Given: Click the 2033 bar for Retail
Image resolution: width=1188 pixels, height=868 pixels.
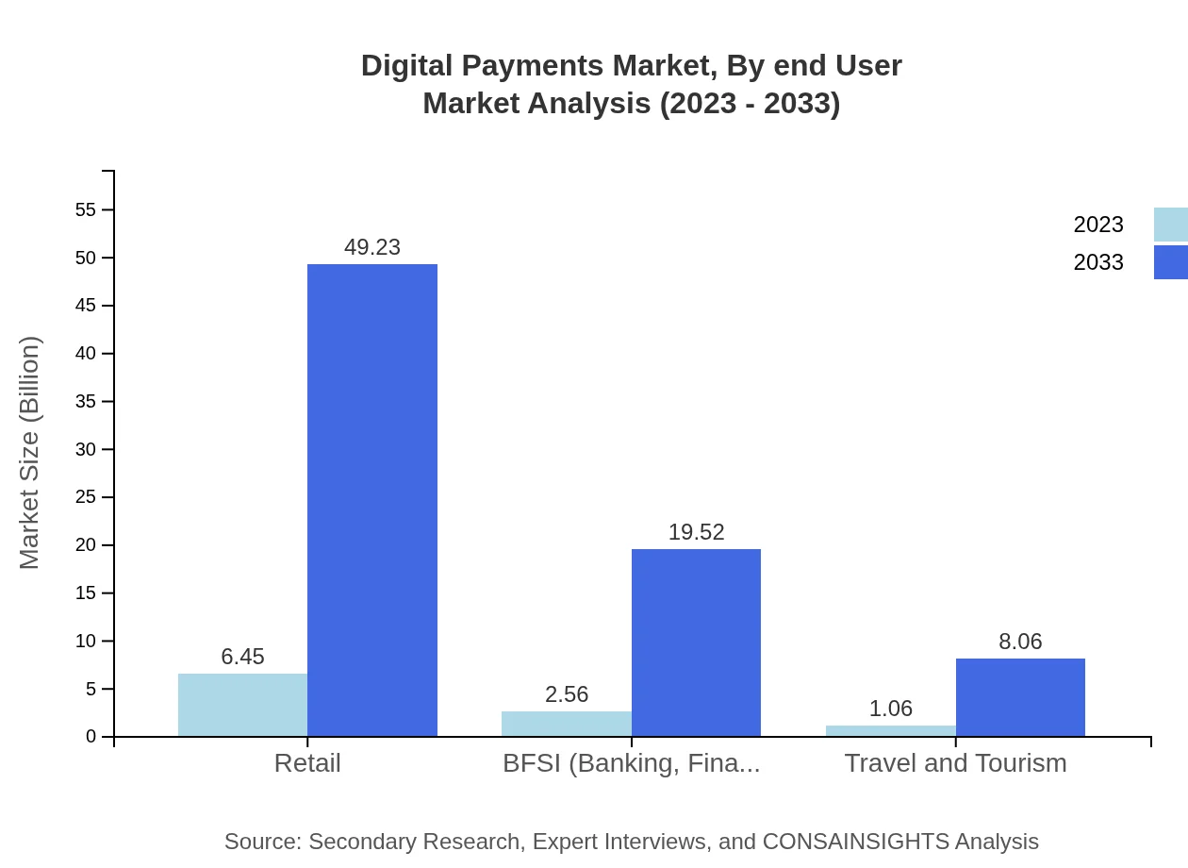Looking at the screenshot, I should (x=372, y=500).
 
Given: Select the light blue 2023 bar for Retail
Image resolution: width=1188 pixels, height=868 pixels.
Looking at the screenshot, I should (x=242, y=705).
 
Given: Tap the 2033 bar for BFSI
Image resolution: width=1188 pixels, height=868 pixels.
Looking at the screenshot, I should (x=696, y=643).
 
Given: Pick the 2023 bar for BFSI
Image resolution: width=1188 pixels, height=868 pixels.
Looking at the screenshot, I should (x=566, y=724).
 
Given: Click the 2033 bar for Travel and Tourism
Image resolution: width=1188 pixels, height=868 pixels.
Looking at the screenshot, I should (x=1020, y=697).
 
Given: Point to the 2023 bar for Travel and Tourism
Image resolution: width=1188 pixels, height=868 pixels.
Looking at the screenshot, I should (x=890, y=731).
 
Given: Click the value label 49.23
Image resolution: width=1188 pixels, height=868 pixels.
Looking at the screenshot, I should (x=372, y=247).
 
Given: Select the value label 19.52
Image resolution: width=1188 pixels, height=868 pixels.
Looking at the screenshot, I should (x=696, y=532).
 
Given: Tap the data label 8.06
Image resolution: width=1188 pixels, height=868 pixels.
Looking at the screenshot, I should (x=1020, y=642).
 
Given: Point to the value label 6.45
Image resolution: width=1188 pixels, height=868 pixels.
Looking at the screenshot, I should (x=242, y=657).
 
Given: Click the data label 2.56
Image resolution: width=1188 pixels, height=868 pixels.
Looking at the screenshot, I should (x=566, y=694).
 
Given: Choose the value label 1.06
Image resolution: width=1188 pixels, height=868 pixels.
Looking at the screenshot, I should (x=890, y=709).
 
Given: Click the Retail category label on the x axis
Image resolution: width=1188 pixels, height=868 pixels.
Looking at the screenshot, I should (x=307, y=762).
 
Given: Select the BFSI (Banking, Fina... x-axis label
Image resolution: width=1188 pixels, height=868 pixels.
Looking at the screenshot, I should (x=631, y=762).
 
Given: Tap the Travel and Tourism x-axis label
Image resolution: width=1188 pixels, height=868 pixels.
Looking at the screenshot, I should (x=955, y=762).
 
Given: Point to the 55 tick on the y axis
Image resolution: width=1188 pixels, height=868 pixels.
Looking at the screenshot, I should (x=86, y=209).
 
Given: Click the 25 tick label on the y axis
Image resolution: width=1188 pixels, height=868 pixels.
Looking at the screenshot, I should (x=86, y=497).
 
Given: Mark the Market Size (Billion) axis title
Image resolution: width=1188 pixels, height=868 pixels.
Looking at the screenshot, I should (x=29, y=453).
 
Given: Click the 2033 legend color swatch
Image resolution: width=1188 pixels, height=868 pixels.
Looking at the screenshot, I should (x=1170, y=262).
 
